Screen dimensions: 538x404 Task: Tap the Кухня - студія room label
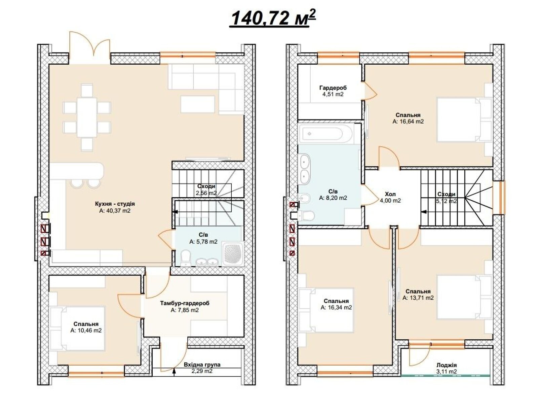pyautogui.click(x=115, y=204)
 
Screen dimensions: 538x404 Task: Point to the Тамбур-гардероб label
pyautogui.click(x=185, y=303)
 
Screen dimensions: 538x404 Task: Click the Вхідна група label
pyautogui.click(x=202, y=365)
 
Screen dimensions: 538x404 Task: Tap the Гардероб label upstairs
pyautogui.click(x=333, y=88)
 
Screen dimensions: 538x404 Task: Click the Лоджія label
pyautogui.click(x=446, y=365)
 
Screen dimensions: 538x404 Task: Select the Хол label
pyautogui.click(x=390, y=194)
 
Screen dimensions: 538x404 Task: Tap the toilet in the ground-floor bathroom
pyautogui.click(x=185, y=258)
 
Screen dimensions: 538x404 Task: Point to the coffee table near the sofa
pyautogui.click(x=198, y=104)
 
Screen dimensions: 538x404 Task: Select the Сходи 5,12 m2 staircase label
pyautogui.click(x=447, y=198)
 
